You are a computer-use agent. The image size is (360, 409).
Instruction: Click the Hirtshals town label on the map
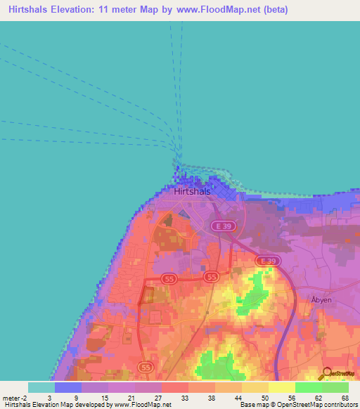pyautogui.click(x=194, y=190)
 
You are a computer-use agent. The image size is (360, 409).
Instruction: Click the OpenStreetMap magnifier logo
pyautogui.click(x=327, y=373)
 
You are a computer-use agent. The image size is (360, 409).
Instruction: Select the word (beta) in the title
pyautogui.click(x=271, y=11)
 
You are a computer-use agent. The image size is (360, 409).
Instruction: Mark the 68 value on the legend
pyautogui.click(x=345, y=398)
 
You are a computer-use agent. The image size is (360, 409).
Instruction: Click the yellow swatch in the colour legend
pyautogui.click(x=281, y=387)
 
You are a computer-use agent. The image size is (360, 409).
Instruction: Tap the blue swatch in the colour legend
pyautogui.click(x=67, y=387)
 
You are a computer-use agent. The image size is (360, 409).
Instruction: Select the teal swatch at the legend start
pyautogui.click(x=41, y=387)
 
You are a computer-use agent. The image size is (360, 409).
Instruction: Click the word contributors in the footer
pyautogui.click(x=340, y=405)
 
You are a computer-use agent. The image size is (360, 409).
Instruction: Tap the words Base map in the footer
pyautogui.click(x=252, y=405)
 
